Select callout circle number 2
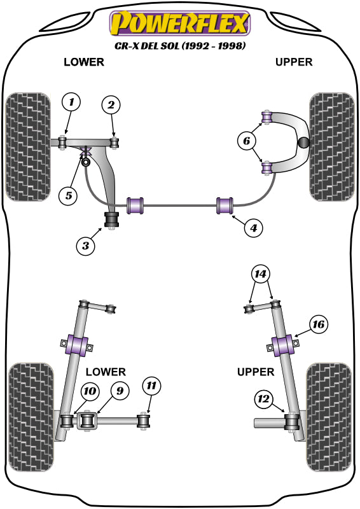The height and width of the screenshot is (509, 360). coord(111,106)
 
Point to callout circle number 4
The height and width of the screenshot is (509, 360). coord(253,227)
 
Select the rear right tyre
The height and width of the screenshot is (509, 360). coord(329,417)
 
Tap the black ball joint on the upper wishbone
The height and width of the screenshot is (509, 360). coord(304,143)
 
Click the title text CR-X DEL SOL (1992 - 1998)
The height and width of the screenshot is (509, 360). coord(180,46)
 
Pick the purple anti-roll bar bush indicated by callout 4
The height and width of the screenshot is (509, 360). coord(226,206)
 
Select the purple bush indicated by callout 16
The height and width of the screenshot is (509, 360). coord(285,346)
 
